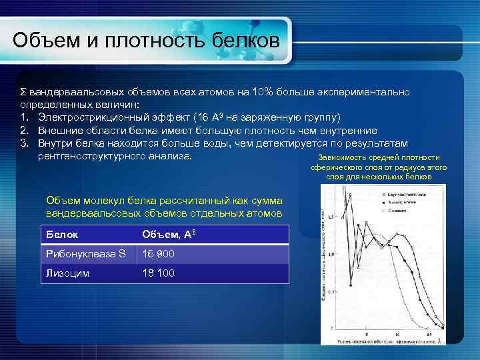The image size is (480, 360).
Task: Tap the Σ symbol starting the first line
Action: click(x=22, y=91)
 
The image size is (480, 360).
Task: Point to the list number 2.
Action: click(x=23, y=131)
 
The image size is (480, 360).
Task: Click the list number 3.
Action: click(x=23, y=143)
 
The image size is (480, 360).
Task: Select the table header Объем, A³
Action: click(x=169, y=235)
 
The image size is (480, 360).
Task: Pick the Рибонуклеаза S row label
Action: click(x=85, y=254)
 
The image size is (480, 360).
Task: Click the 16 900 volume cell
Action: click(x=159, y=254)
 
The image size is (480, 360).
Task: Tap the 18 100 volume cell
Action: click(x=159, y=273)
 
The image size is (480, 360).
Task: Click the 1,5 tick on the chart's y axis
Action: click(x=331, y=217)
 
